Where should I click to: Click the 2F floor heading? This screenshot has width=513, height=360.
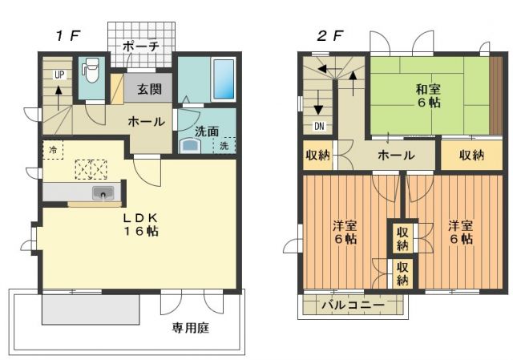(x=330, y=35)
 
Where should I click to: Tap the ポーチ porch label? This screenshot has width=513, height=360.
(x=141, y=47)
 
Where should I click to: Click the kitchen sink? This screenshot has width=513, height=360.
(x=103, y=193)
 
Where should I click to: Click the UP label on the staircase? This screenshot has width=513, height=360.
(x=59, y=75)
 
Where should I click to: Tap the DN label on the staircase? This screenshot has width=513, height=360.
(x=318, y=126)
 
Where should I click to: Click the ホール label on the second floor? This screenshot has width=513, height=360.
(x=395, y=155)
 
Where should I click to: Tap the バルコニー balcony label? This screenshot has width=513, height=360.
(x=353, y=305)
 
